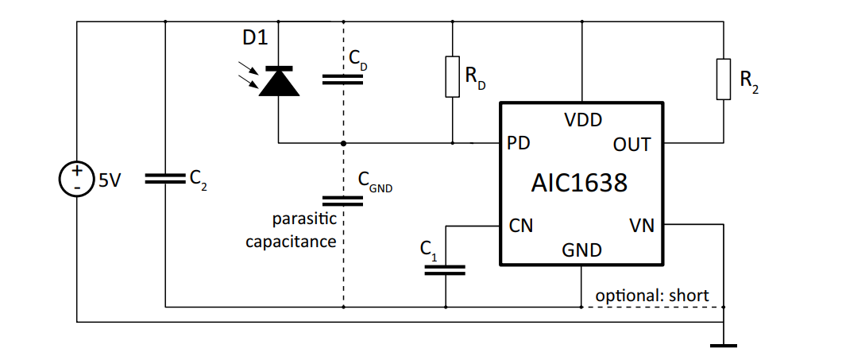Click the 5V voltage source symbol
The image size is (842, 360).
coord(77,180)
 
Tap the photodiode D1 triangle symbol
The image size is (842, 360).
coord(279,81)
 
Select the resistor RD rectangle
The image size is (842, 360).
coord(452,77)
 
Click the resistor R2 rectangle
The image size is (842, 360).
coord(723,79)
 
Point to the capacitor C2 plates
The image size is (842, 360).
coord(164,180)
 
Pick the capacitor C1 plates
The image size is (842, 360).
coord(445,269)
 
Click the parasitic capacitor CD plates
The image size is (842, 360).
coord(343,79)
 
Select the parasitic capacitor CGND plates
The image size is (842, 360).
coord(343,199)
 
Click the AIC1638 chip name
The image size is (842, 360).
coord(579,184)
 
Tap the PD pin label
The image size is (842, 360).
coord(519,144)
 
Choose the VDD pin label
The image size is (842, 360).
coord(582,120)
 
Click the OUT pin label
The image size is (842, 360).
coord(631,145)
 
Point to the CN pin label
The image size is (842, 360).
coord(520,226)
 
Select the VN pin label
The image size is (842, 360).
coord(641,226)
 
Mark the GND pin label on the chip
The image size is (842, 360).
coord(581,250)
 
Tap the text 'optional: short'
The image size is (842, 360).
coord(651,295)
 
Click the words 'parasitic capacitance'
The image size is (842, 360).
coord(291,230)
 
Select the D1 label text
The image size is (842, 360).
coord(255,38)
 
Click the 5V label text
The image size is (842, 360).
coord(109,181)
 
